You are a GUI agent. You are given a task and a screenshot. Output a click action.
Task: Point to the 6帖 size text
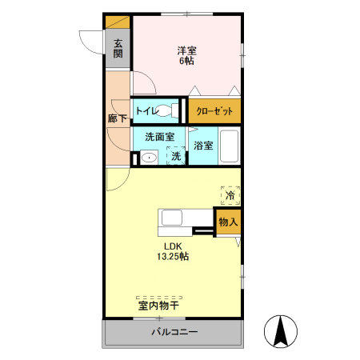pyautogui.click(x=187, y=62)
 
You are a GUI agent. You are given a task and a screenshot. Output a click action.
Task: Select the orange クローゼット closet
pyautogui.click(x=214, y=110)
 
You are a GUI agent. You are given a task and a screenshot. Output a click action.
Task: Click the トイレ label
pyautogui.click(x=146, y=110)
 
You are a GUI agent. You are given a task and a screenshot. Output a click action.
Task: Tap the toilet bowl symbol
pyautogui.click(x=167, y=111)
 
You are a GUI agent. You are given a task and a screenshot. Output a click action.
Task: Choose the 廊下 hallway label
pyautogui.click(x=118, y=118)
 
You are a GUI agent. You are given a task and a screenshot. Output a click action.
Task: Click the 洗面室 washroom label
pyautogui.click(x=159, y=137)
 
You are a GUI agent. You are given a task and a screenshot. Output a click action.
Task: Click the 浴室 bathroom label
pyautogui.click(x=203, y=146)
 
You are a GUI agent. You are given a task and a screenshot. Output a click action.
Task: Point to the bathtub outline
pyautogui.click(x=230, y=145)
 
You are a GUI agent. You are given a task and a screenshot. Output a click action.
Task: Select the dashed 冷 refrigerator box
pyautogui.click(x=230, y=194)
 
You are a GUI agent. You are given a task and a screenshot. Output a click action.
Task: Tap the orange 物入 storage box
pyautogui.click(x=227, y=222)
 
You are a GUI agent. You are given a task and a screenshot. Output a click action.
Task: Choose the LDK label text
pyautogui.click(x=174, y=246)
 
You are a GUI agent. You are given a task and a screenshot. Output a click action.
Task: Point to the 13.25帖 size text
pyautogui.click(x=173, y=257)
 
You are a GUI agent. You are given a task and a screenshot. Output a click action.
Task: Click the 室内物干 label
pyautogui.click(x=158, y=305)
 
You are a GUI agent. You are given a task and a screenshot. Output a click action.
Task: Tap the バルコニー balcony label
pyautogui.click(x=174, y=333)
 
